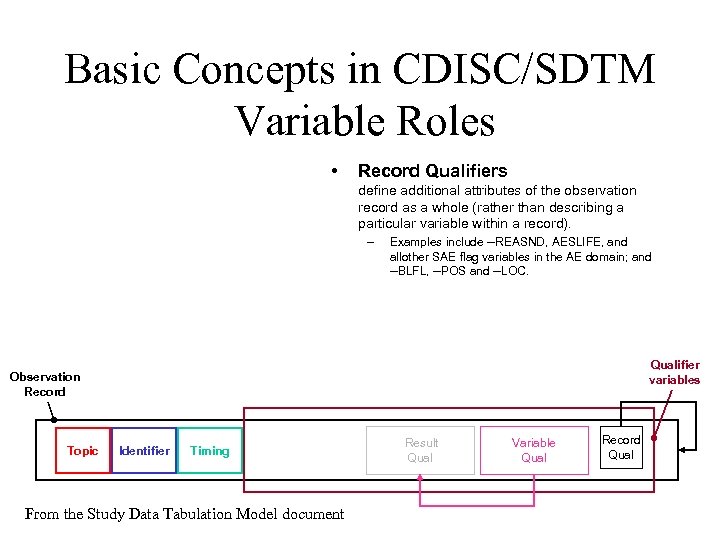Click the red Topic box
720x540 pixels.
[x=82, y=451]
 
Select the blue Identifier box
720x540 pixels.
[x=144, y=451]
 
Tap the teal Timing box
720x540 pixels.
[x=210, y=451]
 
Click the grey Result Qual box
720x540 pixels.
[x=421, y=450]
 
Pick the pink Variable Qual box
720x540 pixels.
[x=533, y=450]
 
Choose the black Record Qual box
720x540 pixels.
[x=621, y=447]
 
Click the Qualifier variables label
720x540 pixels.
[x=674, y=372]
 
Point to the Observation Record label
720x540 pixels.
[x=45, y=384]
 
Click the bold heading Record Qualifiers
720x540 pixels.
[x=432, y=171]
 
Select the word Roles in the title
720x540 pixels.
[x=445, y=122]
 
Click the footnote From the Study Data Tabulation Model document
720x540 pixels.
[x=184, y=514]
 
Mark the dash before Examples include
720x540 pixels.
[x=370, y=242]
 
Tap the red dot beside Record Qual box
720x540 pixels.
[x=653, y=438]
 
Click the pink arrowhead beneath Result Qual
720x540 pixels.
[x=421, y=479]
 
